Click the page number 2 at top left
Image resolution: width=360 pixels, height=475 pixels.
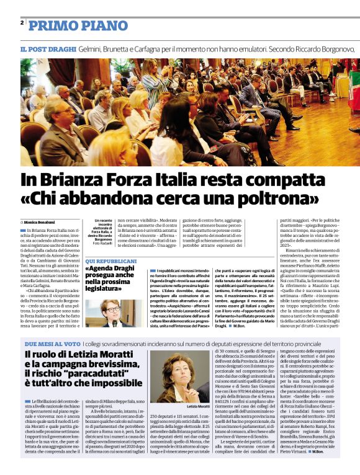point(22,23)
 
